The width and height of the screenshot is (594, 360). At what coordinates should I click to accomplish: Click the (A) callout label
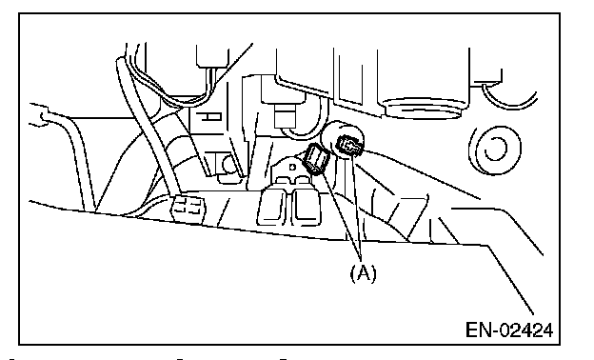[x=363, y=272]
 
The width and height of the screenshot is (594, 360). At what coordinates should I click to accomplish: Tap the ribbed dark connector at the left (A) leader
[x=317, y=159]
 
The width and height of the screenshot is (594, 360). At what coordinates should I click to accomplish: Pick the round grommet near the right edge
[x=495, y=150]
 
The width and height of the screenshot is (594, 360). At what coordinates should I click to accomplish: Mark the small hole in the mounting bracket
[x=292, y=167]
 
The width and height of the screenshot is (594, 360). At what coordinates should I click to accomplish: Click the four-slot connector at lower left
[x=188, y=209]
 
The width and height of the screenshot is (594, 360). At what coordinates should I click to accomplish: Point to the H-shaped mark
[x=210, y=117]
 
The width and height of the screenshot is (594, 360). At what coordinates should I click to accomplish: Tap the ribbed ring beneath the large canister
[x=424, y=109]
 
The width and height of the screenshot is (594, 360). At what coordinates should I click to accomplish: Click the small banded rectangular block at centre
[x=285, y=116]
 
